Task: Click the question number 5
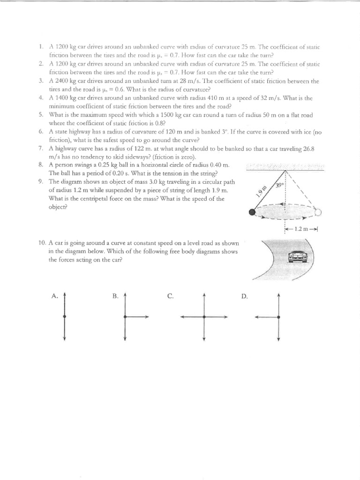coord(41,115)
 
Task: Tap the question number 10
coord(42,243)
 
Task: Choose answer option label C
coord(171,296)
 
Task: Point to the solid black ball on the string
coord(253,212)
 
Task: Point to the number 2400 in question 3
coord(63,81)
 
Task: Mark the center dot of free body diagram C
coord(204,317)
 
